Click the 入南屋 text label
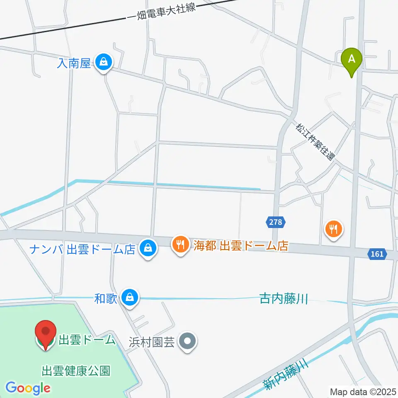[74, 63]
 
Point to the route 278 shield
[275, 222]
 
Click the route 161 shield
[377, 254]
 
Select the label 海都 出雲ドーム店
[240, 246]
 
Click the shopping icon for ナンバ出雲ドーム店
[147, 249]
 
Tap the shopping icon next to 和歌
[131, 298]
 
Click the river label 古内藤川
[284, 298]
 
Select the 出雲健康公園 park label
[76, 370]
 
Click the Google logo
[28, 388]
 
